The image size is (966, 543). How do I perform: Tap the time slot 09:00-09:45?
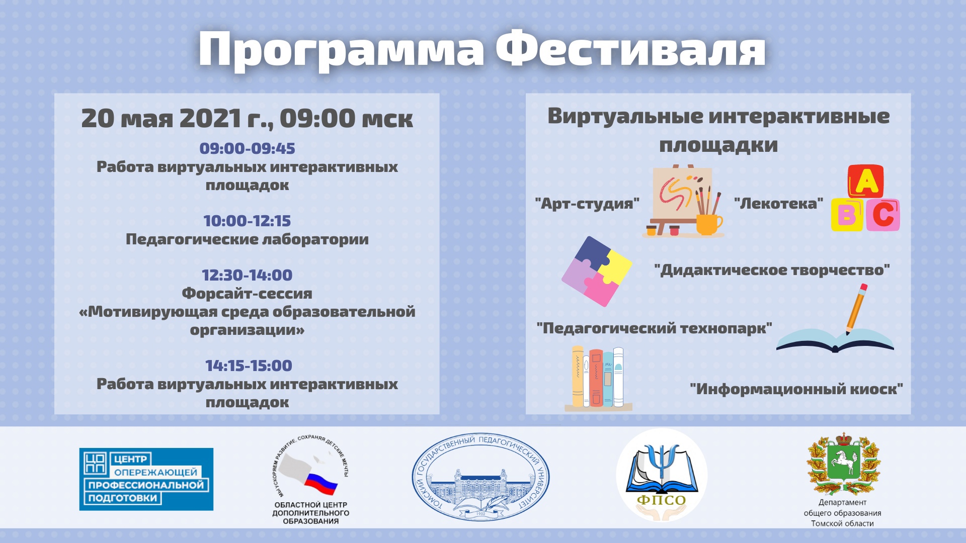[247, 148]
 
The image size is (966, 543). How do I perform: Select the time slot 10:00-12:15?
[247, 221]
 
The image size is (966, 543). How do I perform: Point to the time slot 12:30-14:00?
[247, 275]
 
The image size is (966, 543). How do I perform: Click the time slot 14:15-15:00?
[249, 366]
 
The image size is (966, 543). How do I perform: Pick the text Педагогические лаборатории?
[247, 239]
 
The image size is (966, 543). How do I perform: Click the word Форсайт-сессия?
[247, 293]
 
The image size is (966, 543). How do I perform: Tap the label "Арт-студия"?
[587, 204]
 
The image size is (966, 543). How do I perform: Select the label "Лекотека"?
[778, 203]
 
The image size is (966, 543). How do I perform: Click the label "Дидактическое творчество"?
[772, 270]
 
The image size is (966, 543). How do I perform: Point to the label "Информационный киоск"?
[796, 389]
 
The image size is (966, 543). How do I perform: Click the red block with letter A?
[866, 181]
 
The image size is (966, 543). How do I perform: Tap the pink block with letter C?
[883, 215]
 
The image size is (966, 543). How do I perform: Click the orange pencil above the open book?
[856, 309]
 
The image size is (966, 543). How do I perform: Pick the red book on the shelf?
[596, 378]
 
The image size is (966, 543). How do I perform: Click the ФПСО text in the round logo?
[662, 500]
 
